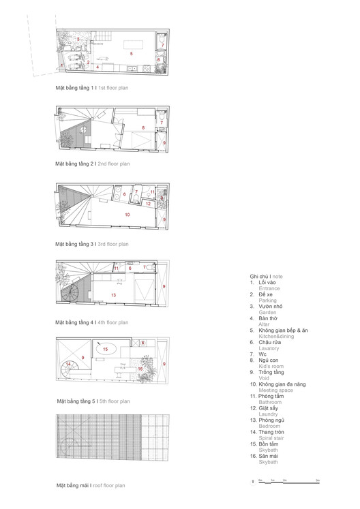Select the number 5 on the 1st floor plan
[x=132, y=52]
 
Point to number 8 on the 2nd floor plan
[x=142, y=127]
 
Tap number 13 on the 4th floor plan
[x=113, y=294]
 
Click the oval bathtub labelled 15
[x=105, y=349]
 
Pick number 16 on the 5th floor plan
[x=140, y=369]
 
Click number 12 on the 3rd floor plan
[x=148, y=203]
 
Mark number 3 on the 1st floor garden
[x=79, y=40]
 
